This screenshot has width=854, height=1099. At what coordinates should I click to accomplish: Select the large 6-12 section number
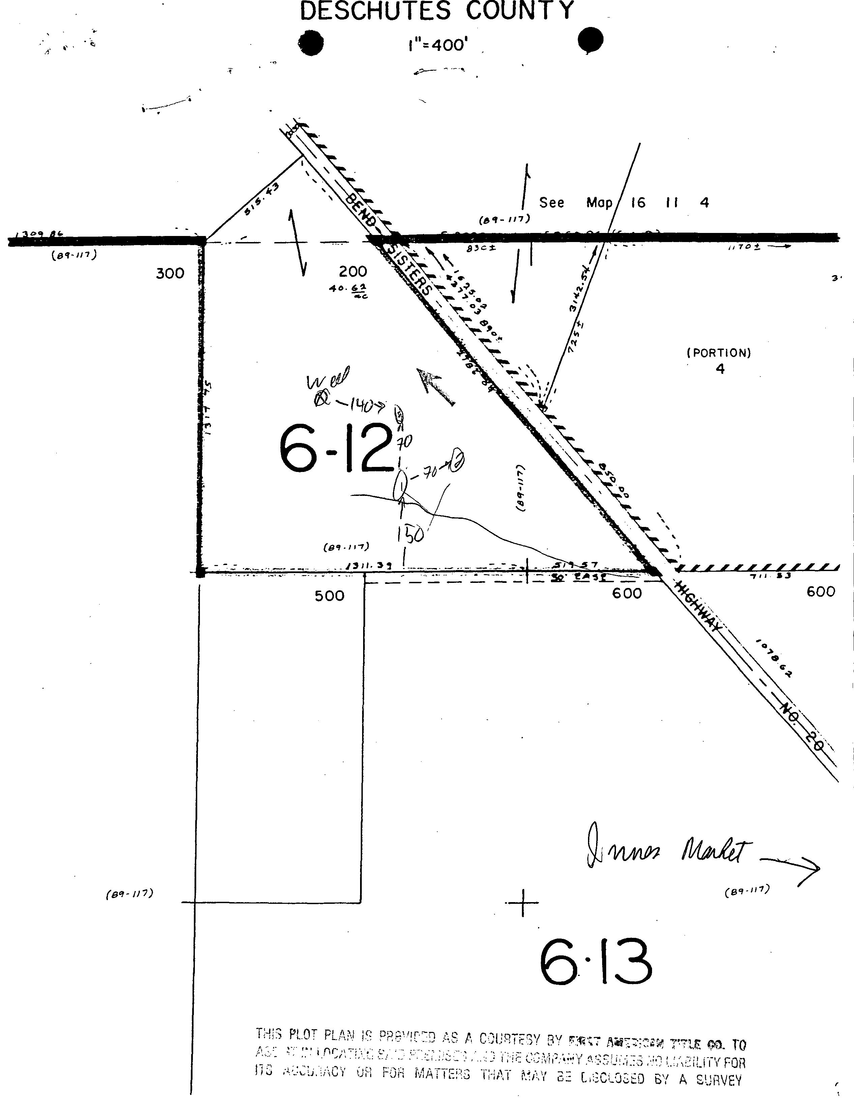click(x=335, y=448)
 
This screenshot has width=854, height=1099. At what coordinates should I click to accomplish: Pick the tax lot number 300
click(x=170, y=274)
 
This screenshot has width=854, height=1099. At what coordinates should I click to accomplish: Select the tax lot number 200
click(x=353, y=272)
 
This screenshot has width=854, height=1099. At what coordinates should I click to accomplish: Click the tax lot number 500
click(x=330, y=596)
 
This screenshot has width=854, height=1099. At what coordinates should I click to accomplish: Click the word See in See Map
click(x=552, y=203)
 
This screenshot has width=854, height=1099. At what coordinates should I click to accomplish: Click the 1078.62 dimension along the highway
click(x=773, y=658)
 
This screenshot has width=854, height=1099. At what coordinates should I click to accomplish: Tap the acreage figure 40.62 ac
click(x=348, y=290)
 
